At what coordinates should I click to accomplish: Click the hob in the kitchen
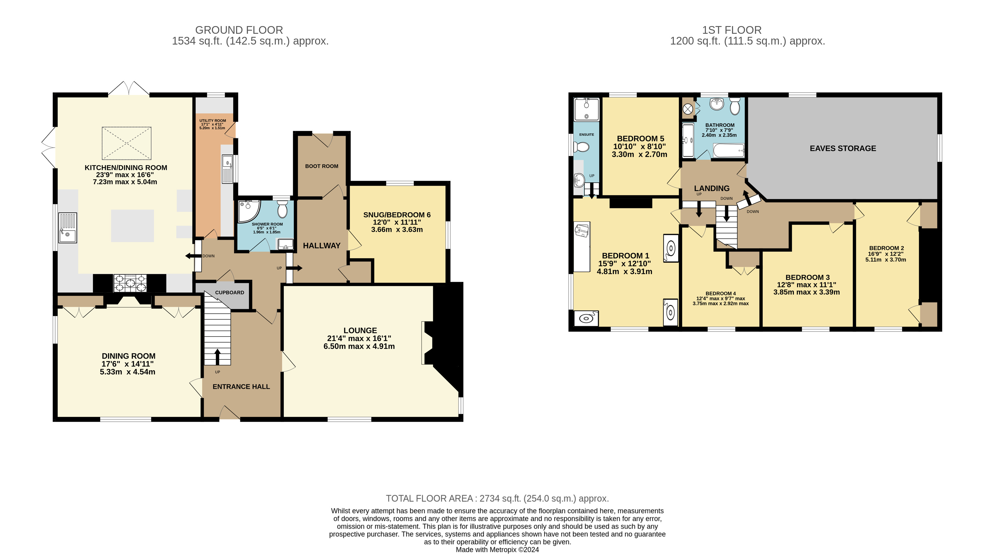point(130,283)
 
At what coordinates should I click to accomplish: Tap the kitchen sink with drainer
point(68,228)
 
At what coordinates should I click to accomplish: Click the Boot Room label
point(322,166)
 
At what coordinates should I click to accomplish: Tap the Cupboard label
point(230,293)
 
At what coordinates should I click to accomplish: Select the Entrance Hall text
point(241,386)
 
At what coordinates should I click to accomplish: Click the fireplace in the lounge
point(427,343)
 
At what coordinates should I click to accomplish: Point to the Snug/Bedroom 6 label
point(397,215)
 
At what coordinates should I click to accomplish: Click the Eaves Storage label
point(843,148)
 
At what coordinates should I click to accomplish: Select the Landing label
point(712,188)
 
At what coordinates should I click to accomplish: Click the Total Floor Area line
point(498,498)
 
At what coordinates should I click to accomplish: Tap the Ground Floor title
point(239,30)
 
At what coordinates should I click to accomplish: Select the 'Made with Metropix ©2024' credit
point(498,550)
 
